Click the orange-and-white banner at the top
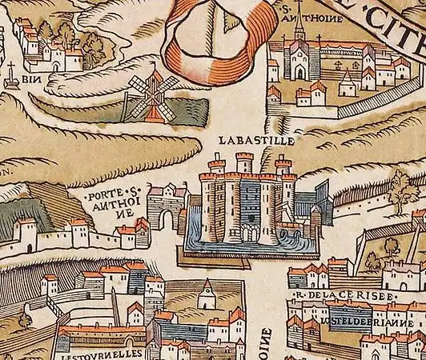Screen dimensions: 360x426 212,36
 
